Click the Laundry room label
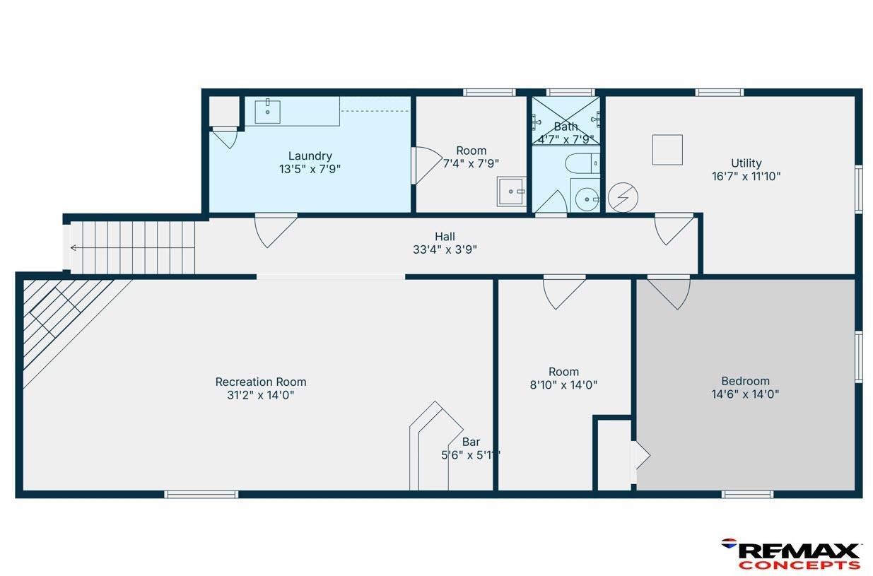click(x=310, y=156)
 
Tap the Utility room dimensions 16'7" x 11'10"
click(x=746, y=177)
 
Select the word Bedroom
click(x=745, y=381)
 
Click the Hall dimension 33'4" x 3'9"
click(x=445, y=249)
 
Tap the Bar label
click(x=471, y=442)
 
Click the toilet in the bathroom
click(x=582, y=163)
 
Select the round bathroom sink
click(x=587, y=199)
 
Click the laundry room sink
click(x=267, y=112)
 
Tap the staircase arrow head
click(x=73, y=248)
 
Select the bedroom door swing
click(x=669, y=293)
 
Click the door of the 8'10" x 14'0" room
click(x=565, y=293)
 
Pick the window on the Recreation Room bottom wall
click(x=201, y=495)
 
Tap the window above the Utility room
click(x=720, y=93)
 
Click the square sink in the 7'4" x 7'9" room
click(x=511, y=192)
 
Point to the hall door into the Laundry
click(x=276, y=230)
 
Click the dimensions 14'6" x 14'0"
click(x=745, y=394)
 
